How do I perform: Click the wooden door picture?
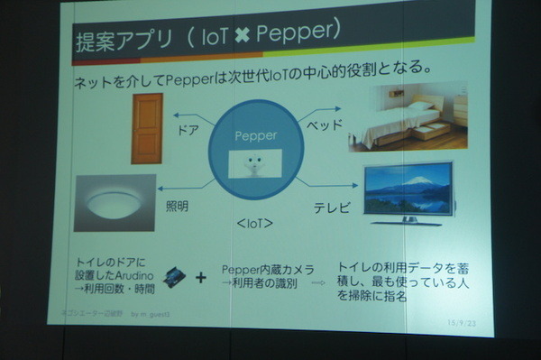[147, 128]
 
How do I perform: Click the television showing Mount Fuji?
[408, 192]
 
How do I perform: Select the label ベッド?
[321, 124]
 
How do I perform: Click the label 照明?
[178, 206]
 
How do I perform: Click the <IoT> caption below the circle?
[253, 222]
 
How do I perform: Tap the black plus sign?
[201, 278]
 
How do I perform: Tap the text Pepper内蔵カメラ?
[269, 270]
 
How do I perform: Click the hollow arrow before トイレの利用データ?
[317, 282]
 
